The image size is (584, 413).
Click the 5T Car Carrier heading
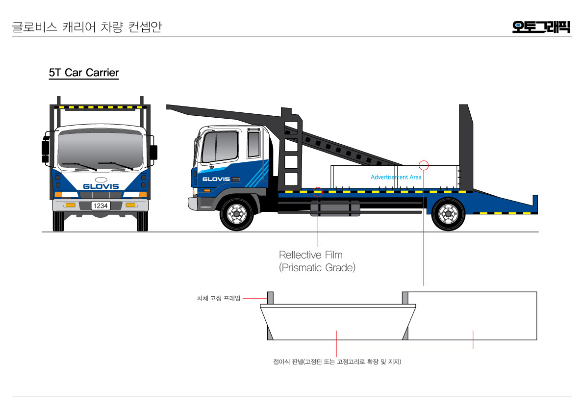pyautogui.click(x=84, y=73)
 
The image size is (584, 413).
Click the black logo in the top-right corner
pyautogui.click(x=541, y=26)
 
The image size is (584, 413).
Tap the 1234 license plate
pyautogui.click(x=101, y=206)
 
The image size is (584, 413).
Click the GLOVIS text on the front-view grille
pyautogui.click(x=101, y=186)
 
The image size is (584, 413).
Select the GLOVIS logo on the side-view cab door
pyautogui.click(x=216, y=179)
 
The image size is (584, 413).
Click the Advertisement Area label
pyautogui.click(x=396, y=177)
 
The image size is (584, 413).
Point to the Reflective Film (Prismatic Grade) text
pyautogui.click(x=317, y=261)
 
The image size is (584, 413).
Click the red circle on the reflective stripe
pyautogui.click(x=318, y=191)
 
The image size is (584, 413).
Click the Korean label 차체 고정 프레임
pyautogui.click(x=219, y=298)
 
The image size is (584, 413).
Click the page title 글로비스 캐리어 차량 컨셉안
pyautogui.click(x=86, y=27)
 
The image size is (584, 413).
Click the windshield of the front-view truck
pyautogui.click(x=101, y=150)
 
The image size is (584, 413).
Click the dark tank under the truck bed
pyautogui.click(x=335, y=208)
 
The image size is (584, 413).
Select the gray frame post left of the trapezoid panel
pyautogui.click(x=270, y=297)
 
